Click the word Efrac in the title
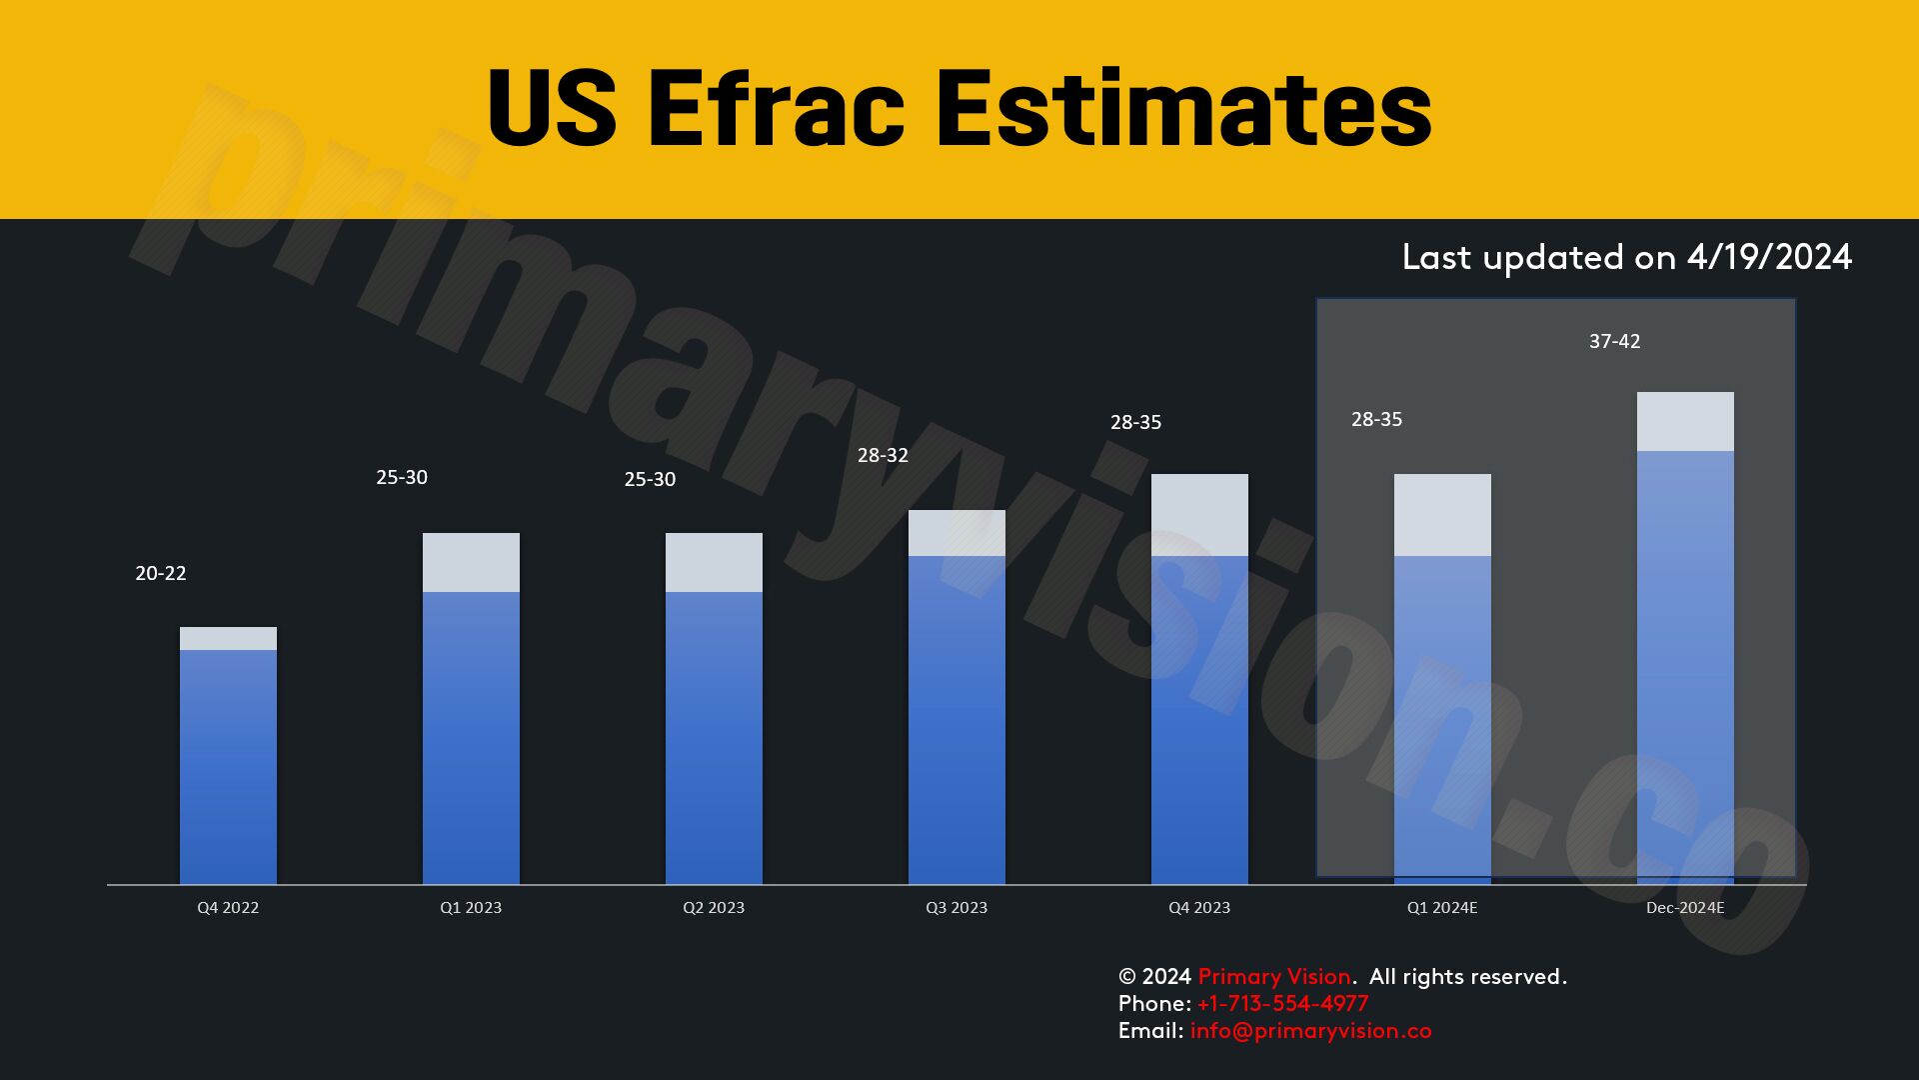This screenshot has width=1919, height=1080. [776, 108]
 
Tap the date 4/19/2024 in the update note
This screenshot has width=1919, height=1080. [1769, 257]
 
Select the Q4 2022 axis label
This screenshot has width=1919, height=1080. [228, 908]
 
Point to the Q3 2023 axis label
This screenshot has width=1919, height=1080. [957, 908]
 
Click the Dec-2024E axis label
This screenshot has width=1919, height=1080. [1685, 908]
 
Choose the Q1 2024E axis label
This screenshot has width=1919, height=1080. [1442, 908]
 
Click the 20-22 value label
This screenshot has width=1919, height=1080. [161, 573]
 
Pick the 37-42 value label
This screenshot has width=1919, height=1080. [1615, 341]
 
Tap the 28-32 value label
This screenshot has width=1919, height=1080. [883, 455]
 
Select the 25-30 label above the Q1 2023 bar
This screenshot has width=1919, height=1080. [402, 477]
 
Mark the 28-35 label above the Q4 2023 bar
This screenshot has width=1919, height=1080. [1136, 422]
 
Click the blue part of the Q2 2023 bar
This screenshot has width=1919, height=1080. [714, 738]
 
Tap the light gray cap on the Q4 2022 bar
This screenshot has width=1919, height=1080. [228, 638]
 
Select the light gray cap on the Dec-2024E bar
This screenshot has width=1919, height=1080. [1685, 421]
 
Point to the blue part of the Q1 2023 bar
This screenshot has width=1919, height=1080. [471, 738]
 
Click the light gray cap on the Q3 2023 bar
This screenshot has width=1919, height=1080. [957, 533]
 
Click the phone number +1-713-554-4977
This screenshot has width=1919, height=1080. [1282, 1003]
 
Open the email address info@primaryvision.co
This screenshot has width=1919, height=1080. [1310, 1031]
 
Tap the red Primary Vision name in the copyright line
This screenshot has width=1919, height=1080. [1274, 977]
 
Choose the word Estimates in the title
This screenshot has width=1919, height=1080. [1183, 108]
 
